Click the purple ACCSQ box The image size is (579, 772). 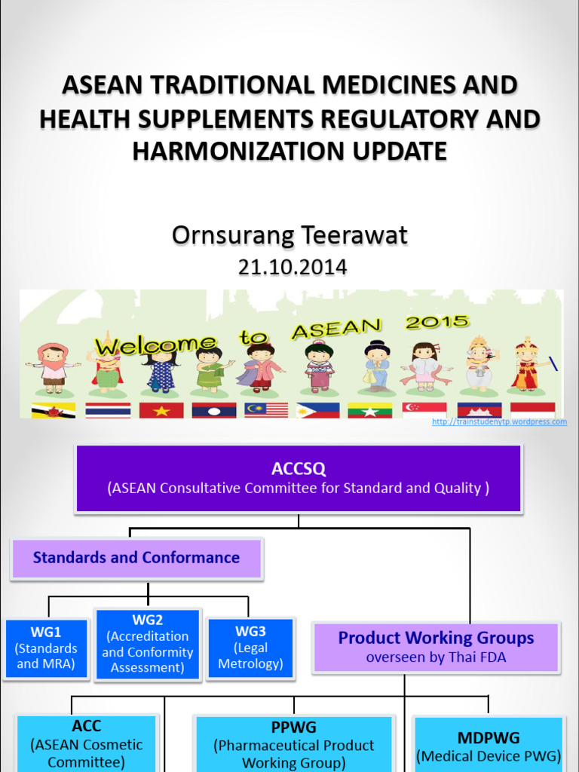coord(299,479)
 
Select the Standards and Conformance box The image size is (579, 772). coord(136,559)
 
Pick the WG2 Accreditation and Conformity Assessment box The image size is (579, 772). coord(148,644)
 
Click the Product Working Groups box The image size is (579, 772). coord(436,647)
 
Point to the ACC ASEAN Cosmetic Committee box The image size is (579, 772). coord(87,743)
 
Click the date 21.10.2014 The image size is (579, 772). coord(293,267)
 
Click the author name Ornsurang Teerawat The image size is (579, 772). coord(289,235)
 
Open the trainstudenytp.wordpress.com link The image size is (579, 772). coord(499,422)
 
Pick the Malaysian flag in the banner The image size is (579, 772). coord(266,410)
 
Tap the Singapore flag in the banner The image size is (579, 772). coord(424,410)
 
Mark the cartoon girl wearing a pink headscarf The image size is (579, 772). coord(53,366)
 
